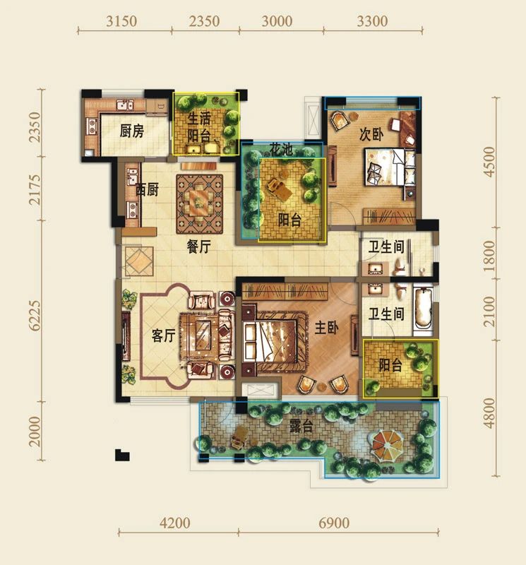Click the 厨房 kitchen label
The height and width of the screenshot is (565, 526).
click(x=132, y=131)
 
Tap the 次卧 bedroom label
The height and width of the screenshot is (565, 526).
click(x=371, y=134)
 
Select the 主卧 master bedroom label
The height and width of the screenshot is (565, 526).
click(x=326, y=328)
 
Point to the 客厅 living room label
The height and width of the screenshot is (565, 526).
click(x=164, y=335)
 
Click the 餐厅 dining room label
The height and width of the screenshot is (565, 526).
click(x=198, y=246)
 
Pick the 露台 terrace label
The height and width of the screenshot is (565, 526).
click(x=301, y=427)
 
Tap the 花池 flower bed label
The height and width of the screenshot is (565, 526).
click(x=282, y=149)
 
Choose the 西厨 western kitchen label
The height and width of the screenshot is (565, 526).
click(x=147, y=189)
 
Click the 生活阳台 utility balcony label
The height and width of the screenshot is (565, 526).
click(x=199, y=127)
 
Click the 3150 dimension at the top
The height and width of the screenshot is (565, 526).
click(x=121, y=21)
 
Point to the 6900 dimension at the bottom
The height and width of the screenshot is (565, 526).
click(x=334, y=523)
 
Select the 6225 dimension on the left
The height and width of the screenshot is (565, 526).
click(x=35, y=316)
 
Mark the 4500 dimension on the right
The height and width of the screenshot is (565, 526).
click(x=489, y=161)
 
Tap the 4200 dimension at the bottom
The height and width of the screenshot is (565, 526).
click(x=174, y=523)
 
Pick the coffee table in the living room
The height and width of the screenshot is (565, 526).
click(x=203, y=334)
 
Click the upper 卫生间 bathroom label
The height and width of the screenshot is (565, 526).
click(x=386, y=247)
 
